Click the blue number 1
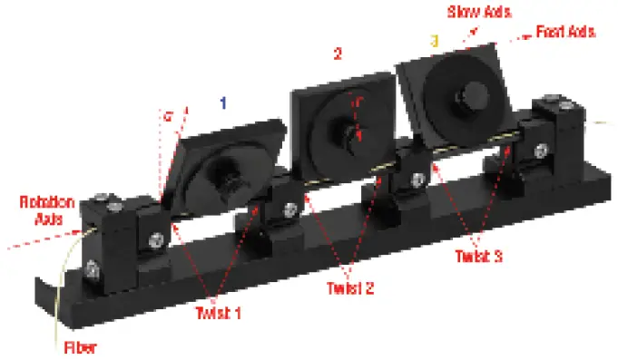tap(222, 104)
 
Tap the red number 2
tap(338, 54)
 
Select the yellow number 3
tap(434, 41)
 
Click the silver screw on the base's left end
tap(93, 268)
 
